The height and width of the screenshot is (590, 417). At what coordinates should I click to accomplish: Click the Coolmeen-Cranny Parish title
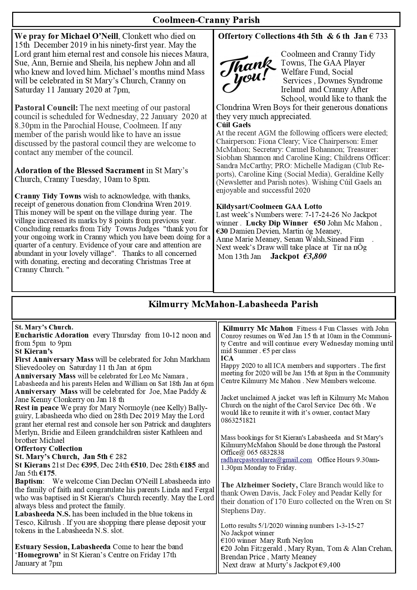tap(206, 20)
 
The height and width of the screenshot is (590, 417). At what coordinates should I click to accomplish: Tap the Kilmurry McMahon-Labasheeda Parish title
tap(233, 304)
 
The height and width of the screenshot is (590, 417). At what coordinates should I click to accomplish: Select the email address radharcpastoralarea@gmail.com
tap(266, 460)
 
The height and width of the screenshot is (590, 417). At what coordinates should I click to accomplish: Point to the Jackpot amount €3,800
tap(315, 256)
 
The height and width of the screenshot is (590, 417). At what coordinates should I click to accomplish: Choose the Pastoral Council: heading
tap(46, 108)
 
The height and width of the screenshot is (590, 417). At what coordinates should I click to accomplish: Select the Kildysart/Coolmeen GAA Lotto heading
tap(269, 207)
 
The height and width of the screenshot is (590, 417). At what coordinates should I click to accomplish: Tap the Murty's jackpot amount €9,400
tap(330, 565)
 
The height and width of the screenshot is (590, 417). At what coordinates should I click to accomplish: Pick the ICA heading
tap(227, 358)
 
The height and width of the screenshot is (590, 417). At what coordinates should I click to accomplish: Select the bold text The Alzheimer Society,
tap(259, 485)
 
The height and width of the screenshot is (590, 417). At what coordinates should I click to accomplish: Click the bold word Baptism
tap(29, 481)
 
